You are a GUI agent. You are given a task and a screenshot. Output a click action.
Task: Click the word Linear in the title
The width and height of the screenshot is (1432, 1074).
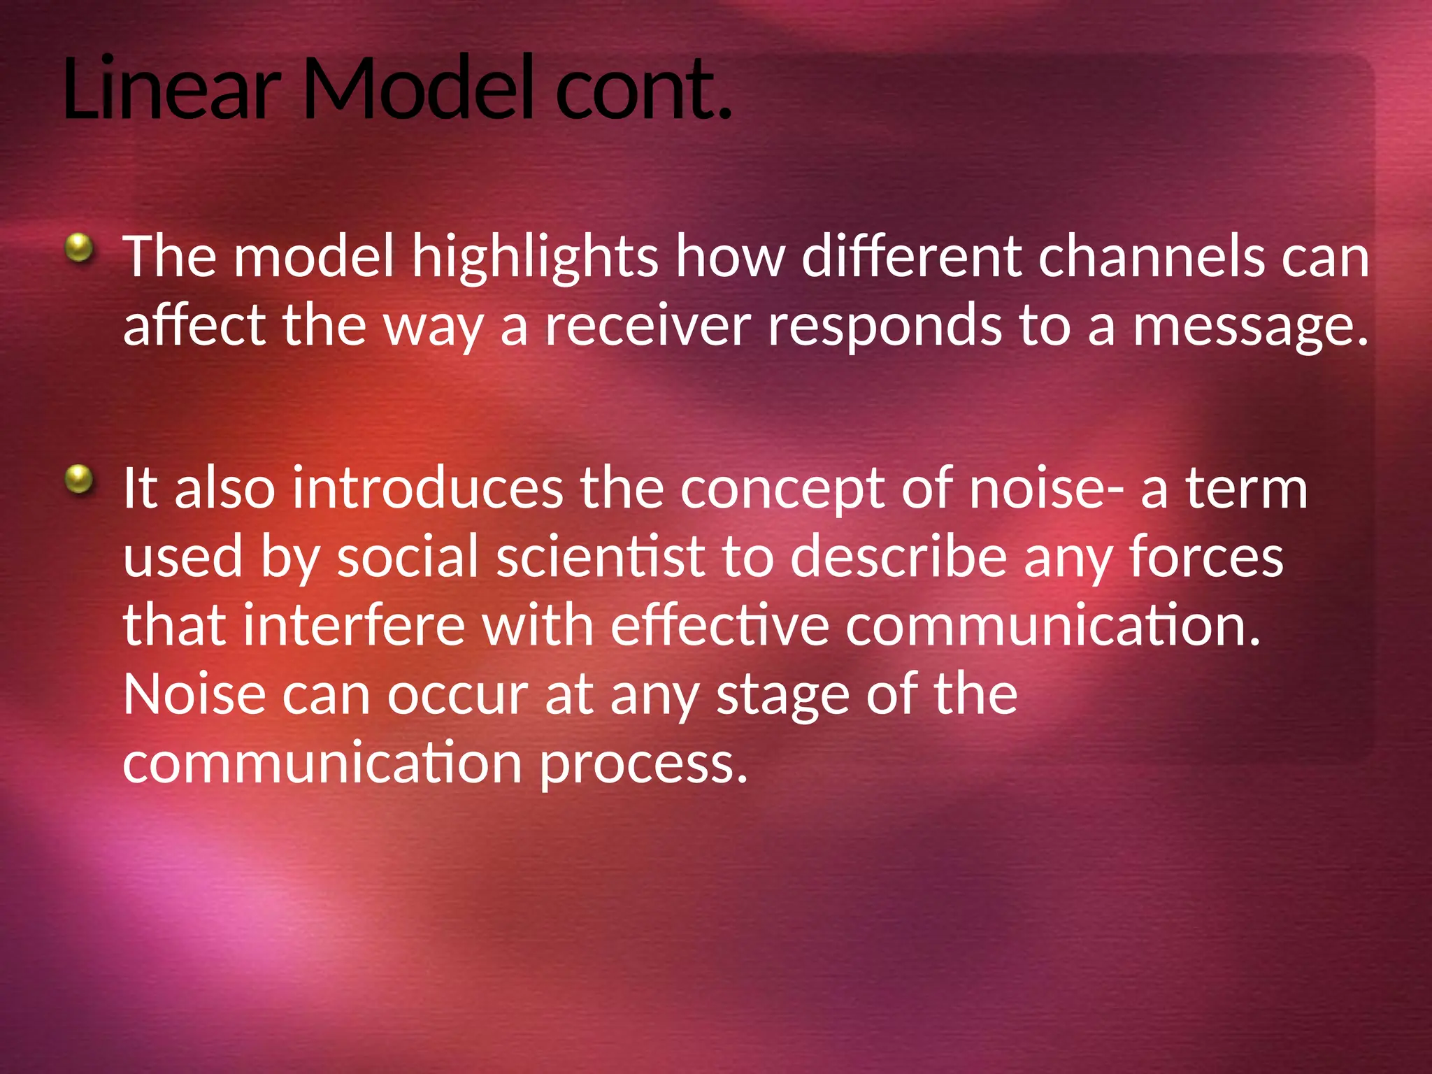click(x=171, y=89)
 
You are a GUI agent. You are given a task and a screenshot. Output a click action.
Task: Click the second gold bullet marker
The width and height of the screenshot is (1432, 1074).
click(x=79, y=480)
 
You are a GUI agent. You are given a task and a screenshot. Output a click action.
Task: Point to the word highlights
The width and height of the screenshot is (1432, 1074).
click(x=534, y=257)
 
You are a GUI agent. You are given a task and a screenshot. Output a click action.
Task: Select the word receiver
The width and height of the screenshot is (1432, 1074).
click(x=647, y=326)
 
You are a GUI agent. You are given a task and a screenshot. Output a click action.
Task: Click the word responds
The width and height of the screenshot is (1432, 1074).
click(x=885, y=327)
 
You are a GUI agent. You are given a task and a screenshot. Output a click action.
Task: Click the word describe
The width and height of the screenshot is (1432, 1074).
click(x=898, y=557)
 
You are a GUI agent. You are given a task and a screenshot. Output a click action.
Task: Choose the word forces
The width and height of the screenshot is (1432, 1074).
click(x=1206, y=557)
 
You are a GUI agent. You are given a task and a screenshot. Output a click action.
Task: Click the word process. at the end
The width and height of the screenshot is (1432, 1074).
click(x=643, y=764)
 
